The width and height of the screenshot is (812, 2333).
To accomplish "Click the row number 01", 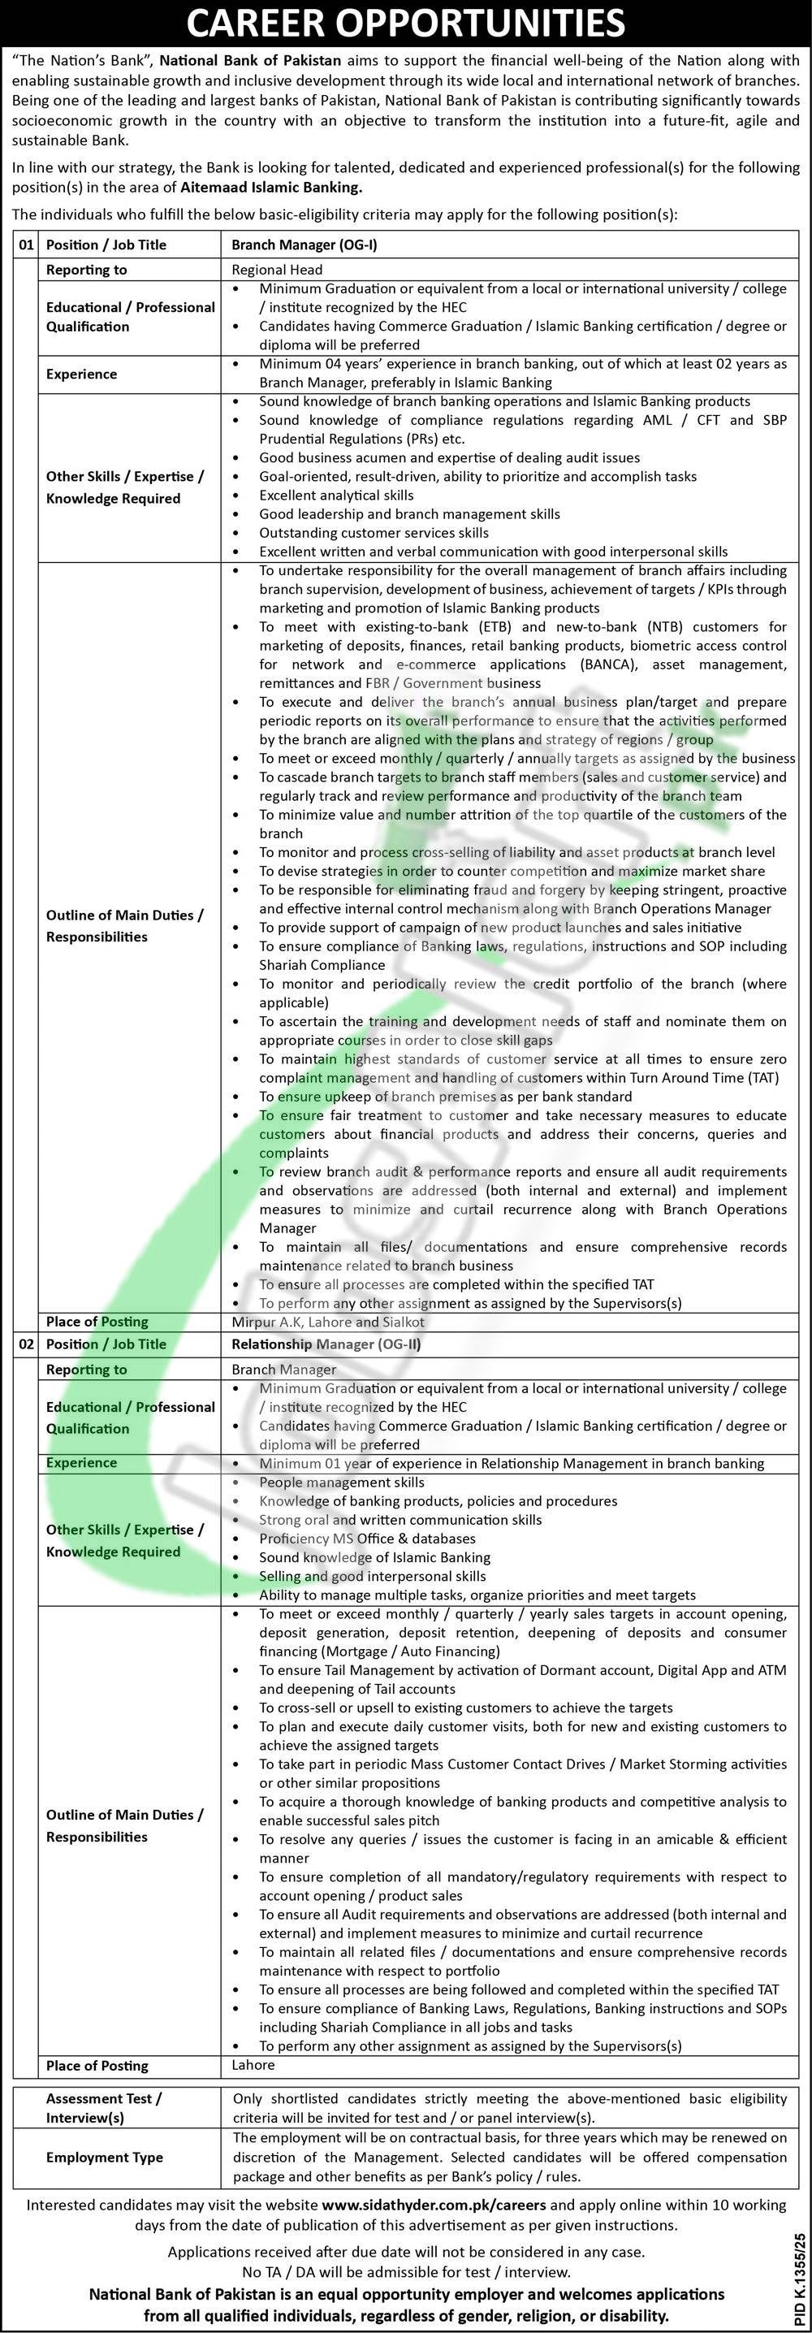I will coord(25,245).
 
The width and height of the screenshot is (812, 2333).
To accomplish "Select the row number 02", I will coord(25,1344).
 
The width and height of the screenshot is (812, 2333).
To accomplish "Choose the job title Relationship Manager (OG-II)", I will coord(326,1344).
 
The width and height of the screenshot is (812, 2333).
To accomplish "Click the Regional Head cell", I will coord(277,269).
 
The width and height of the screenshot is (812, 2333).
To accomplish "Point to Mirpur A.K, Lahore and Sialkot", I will coord(328,1322).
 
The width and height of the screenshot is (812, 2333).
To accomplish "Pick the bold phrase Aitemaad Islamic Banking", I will coord(270,188).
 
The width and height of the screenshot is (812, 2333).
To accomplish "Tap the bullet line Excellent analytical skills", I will coord(336,496).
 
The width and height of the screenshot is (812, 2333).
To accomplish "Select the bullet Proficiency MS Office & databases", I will coord(367,1538).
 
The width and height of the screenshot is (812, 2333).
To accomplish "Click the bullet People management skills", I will coord(341,1482).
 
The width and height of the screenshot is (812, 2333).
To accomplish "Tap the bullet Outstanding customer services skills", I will coord(373,533).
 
